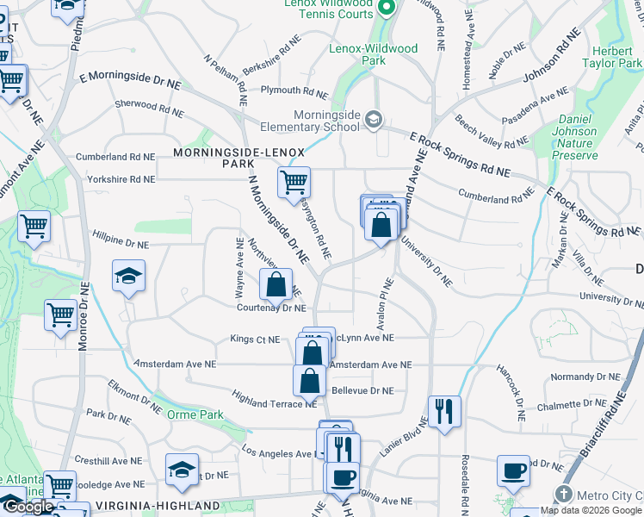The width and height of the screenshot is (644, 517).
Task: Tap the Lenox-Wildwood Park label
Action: click(x=374, y=55)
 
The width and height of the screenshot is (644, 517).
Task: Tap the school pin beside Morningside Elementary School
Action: click(x=374, y=119)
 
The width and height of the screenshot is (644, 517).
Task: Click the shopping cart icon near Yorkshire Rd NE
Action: click(x=294, y=183)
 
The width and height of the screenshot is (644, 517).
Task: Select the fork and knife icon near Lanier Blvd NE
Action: click(x=444, y=411)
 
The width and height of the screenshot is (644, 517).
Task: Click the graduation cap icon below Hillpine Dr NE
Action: click(x=128, y=276)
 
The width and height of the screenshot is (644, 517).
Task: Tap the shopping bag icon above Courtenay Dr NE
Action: click(x=276, y=283)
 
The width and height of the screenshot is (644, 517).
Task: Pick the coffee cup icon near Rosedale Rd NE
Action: click(x=513, y=470)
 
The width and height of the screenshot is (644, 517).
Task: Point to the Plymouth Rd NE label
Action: click(x=294, y=90)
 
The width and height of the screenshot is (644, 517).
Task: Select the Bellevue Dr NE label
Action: click(x=362, y=390)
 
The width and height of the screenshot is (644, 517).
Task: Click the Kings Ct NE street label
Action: click(x=255, y=339)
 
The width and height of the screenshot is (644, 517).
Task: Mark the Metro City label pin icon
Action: click(x=564, y=494)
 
